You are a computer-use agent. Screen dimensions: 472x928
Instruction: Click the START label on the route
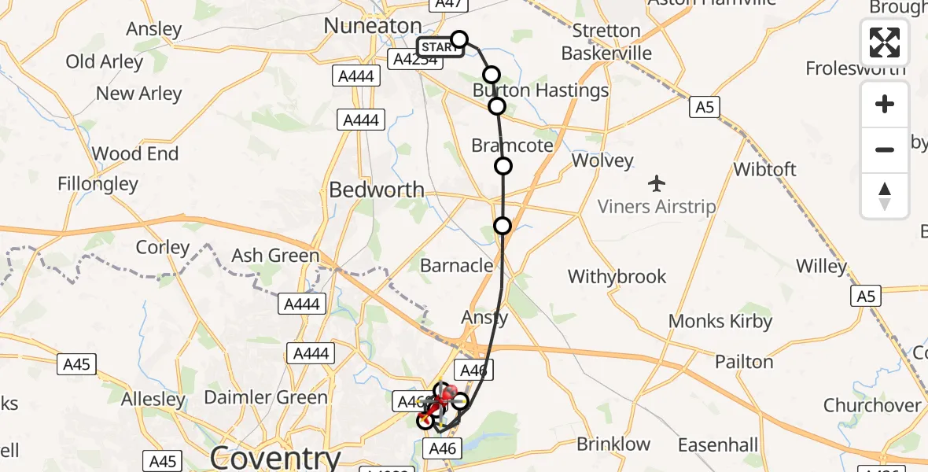click(440, 47)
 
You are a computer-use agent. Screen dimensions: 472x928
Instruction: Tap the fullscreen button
click(885, 42)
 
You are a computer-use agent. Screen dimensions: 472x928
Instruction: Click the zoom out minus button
click(885, 149)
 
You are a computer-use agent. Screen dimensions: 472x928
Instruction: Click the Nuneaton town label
click(373, 25)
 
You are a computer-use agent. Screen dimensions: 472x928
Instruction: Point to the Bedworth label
click(377, 190)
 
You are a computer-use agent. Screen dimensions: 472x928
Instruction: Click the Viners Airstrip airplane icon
click(657, 184)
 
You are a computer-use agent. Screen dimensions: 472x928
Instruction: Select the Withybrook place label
click(617, 276)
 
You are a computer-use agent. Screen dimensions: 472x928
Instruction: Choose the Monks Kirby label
click(720, 321)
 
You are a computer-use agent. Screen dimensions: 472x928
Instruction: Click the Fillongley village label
click(98, 184)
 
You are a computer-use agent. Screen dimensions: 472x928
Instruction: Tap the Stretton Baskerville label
click(606, 42)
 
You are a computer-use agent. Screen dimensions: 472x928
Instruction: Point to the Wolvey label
click(602, 160)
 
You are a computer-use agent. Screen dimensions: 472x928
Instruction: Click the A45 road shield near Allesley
click(76, 364)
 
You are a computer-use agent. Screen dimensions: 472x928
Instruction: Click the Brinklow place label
click(613, 444)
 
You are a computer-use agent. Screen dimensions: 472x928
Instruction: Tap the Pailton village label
click(744, 362)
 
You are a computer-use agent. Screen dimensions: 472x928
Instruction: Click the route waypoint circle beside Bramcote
click(503, 166)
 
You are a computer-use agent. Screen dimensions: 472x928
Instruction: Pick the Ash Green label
click(275, 256)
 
